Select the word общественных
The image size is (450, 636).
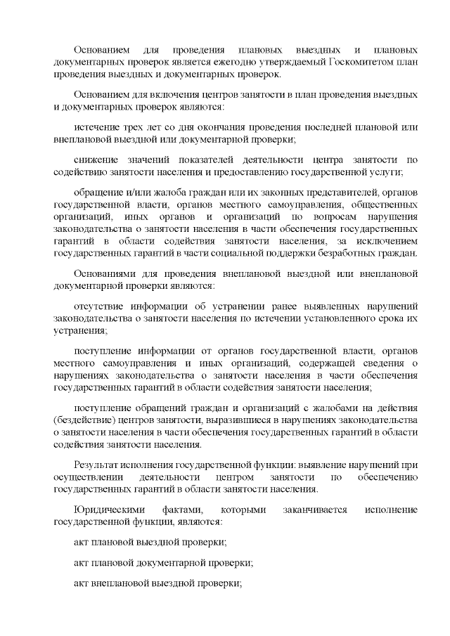pos(382,204)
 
